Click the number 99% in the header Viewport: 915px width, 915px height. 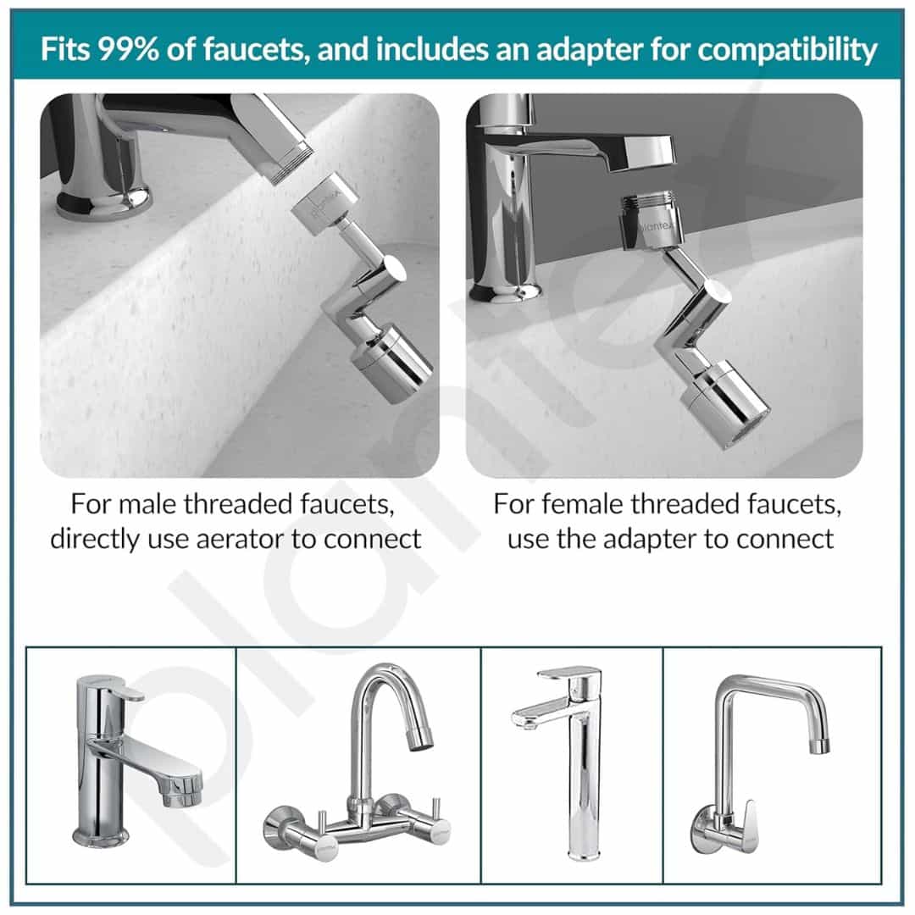pos(128,49)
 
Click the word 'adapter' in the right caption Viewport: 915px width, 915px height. pos(649,539)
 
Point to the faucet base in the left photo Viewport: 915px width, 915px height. pos(104,203)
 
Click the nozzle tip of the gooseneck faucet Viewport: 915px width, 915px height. pos(421,740)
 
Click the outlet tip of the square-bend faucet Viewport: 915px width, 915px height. pos(822,746)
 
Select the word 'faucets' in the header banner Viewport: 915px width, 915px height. pos(256,49)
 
